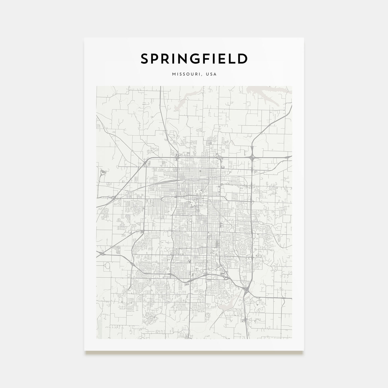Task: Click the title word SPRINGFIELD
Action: (194, 59)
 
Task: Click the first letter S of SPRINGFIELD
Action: (145, 59)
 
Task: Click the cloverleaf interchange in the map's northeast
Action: (252, 157)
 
